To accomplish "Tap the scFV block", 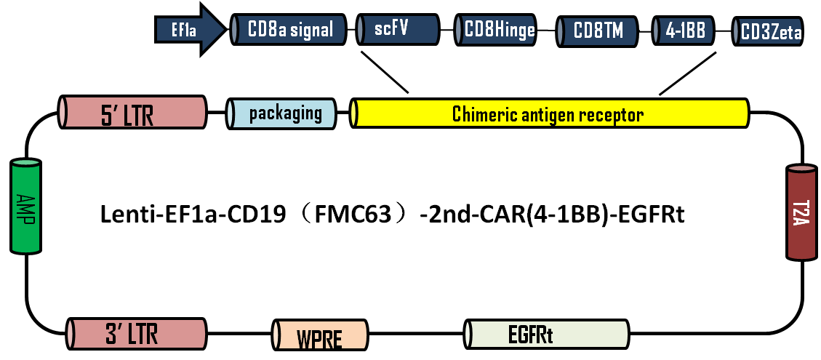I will pyautogui.click(x=399, y=31).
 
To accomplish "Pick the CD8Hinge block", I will pyautogui.click(x=499, y=31).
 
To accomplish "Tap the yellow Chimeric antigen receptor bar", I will pyautogui.click(x=549, y=114).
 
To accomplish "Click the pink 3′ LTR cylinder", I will pyautogui.click(x=135, y=334).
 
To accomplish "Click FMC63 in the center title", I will pyautogui.click(x=363, y=215).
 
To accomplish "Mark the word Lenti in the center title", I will pyautogui.click(x=123, y=215).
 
